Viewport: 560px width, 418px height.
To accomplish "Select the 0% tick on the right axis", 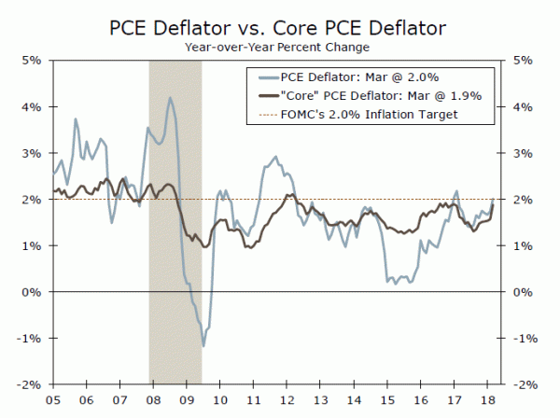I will pos(523,292).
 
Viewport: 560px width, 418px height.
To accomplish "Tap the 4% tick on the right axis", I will pos(523,107).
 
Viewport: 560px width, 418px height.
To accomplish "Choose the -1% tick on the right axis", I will pos(525,338).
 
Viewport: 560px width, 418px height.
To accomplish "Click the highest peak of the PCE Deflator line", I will pos(170,97).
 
